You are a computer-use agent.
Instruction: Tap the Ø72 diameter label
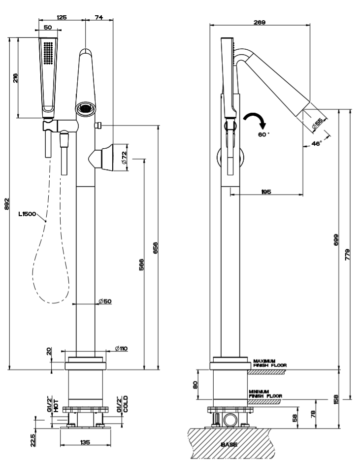point(124,158)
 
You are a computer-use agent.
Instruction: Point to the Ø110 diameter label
point(121,348)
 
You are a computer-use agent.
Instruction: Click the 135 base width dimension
point(85,443)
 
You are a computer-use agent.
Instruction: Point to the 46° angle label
point(316,143)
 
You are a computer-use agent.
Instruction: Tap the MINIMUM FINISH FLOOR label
point(265,394)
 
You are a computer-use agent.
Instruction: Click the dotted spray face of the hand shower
point(48,52)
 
